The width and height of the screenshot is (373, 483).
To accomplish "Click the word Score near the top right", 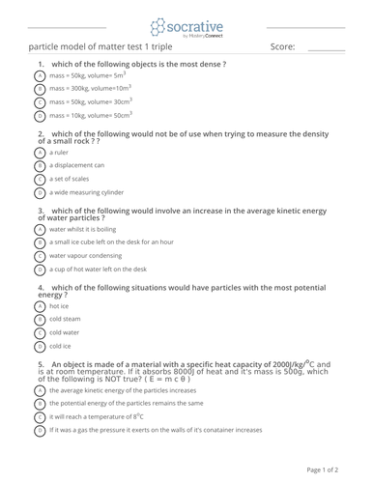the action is (x=282, y=48).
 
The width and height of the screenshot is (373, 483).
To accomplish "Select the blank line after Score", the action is (x=326, y=50).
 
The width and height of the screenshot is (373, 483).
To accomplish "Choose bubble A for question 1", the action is (x=40, y=75).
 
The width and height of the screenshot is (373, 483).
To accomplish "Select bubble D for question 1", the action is (x=40, y=115).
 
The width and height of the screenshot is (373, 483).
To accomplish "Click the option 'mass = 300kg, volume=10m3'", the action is (x=89, y=88).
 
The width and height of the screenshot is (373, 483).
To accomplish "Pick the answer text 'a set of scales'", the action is (x=73, y=179).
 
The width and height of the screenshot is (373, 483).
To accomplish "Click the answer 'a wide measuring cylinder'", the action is (x=90, y=192).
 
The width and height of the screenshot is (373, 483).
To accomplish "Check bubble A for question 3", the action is (x=40, y=229).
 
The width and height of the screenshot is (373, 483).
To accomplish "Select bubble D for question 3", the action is (x=40, y=269).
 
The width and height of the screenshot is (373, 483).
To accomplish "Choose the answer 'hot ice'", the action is (x=59, y=305).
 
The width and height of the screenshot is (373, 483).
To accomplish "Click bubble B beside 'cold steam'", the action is (x=40, y=319).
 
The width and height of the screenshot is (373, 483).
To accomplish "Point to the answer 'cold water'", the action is (x=65, y=331).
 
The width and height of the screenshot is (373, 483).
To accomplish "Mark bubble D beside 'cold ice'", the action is (x=40, y=345).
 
